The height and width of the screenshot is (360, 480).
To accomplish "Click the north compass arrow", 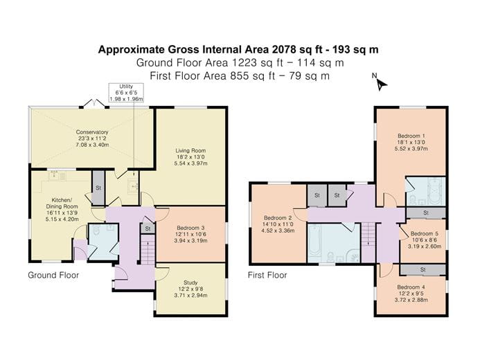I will coord(380,84).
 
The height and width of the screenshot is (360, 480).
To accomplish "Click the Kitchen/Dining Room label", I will coord(59,208).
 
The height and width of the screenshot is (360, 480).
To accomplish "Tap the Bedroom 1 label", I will coord(411,141).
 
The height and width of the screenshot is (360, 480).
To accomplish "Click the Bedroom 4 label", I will coord(411,293).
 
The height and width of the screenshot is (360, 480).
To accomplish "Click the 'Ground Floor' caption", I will coord(53,275).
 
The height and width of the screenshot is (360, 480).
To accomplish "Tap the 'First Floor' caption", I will coord(267,275).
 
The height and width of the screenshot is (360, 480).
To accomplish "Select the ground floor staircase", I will coord(146,251).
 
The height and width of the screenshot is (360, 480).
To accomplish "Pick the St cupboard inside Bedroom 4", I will coord(423,269).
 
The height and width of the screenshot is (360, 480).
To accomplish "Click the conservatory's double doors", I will coord(91,104).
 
